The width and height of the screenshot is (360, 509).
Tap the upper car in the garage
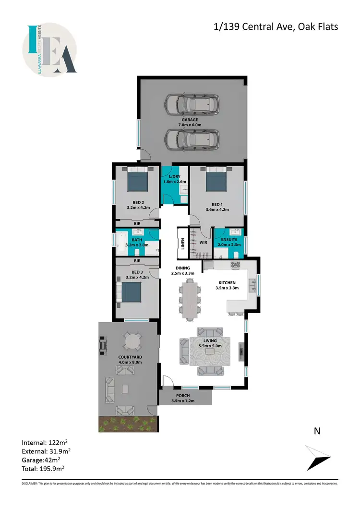191,103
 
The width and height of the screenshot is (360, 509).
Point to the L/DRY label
175,176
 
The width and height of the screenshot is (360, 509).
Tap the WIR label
203,242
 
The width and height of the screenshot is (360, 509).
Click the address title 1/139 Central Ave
276,26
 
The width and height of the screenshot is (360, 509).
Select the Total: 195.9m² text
43,468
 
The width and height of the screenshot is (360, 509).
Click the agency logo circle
49,49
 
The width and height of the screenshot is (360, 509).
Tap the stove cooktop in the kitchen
236,265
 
